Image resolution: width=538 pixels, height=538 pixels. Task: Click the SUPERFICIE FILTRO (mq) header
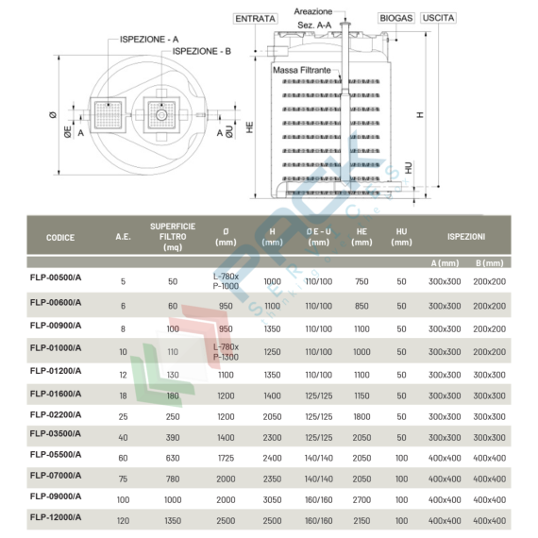[x=173, y=237]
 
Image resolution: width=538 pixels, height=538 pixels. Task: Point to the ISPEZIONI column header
[x=466, y=236]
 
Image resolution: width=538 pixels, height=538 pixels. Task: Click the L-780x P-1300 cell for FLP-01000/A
[x=226, y=352]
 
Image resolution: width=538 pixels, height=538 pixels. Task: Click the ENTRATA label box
[x=255, y=18]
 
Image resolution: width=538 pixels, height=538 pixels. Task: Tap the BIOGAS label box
[x=396, y=18]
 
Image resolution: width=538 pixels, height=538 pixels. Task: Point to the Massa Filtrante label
[x=301, y=71]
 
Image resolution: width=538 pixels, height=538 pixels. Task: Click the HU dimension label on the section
[x=408, y=167]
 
